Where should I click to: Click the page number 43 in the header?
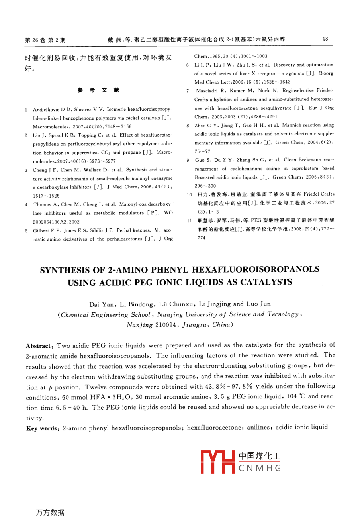click(x=325, y=39)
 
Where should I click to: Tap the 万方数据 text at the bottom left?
click(x=50, y=512)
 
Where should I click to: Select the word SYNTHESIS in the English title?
click(x=67, y=270)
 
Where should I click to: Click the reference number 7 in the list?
click(x=187, y=91)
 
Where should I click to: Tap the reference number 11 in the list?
click(x=189, y=220)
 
